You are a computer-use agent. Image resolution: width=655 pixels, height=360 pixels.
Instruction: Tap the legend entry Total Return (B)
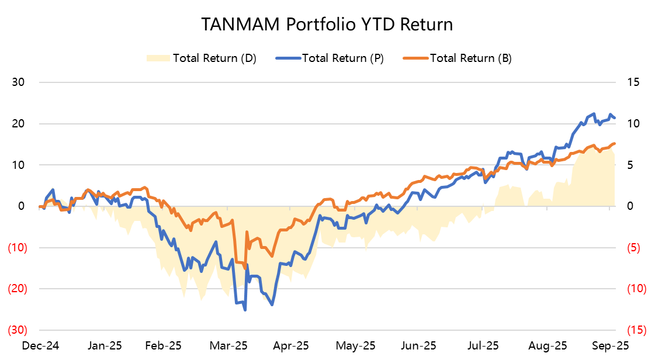coord(470,58)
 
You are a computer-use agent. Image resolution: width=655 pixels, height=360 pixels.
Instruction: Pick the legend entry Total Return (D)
coord(214,58)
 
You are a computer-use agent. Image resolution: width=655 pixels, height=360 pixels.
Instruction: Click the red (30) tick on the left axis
coord(15,330)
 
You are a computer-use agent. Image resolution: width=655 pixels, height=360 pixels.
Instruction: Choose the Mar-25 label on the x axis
coord(230,346)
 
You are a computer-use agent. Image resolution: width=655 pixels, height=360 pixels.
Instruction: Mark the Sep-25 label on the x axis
coord(611,346)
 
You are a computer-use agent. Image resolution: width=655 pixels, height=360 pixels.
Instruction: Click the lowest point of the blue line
coord(245,310)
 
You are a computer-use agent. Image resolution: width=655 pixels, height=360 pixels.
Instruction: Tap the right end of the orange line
coord(615,143)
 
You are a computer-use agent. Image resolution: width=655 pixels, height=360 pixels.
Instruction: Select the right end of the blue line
coord(615,118)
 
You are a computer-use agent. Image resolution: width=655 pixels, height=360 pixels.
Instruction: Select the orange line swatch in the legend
coord(415,58)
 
